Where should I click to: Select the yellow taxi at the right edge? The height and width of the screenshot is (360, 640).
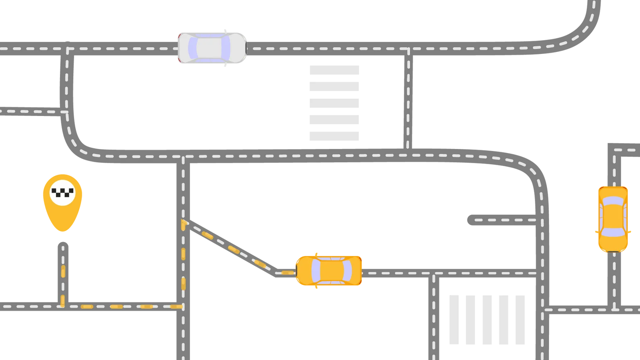coord(613,219)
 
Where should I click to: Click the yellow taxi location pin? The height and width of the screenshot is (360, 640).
coord(63,201)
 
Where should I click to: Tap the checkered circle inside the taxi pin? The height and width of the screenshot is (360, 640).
coord(62,192)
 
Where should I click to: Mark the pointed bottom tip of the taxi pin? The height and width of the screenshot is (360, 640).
coord(63,232)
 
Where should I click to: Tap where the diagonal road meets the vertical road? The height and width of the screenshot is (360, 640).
coord(184,222)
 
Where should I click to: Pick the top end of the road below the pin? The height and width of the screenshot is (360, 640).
coord(63,243)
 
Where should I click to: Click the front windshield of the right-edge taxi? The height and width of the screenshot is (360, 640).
coord(612,233)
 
